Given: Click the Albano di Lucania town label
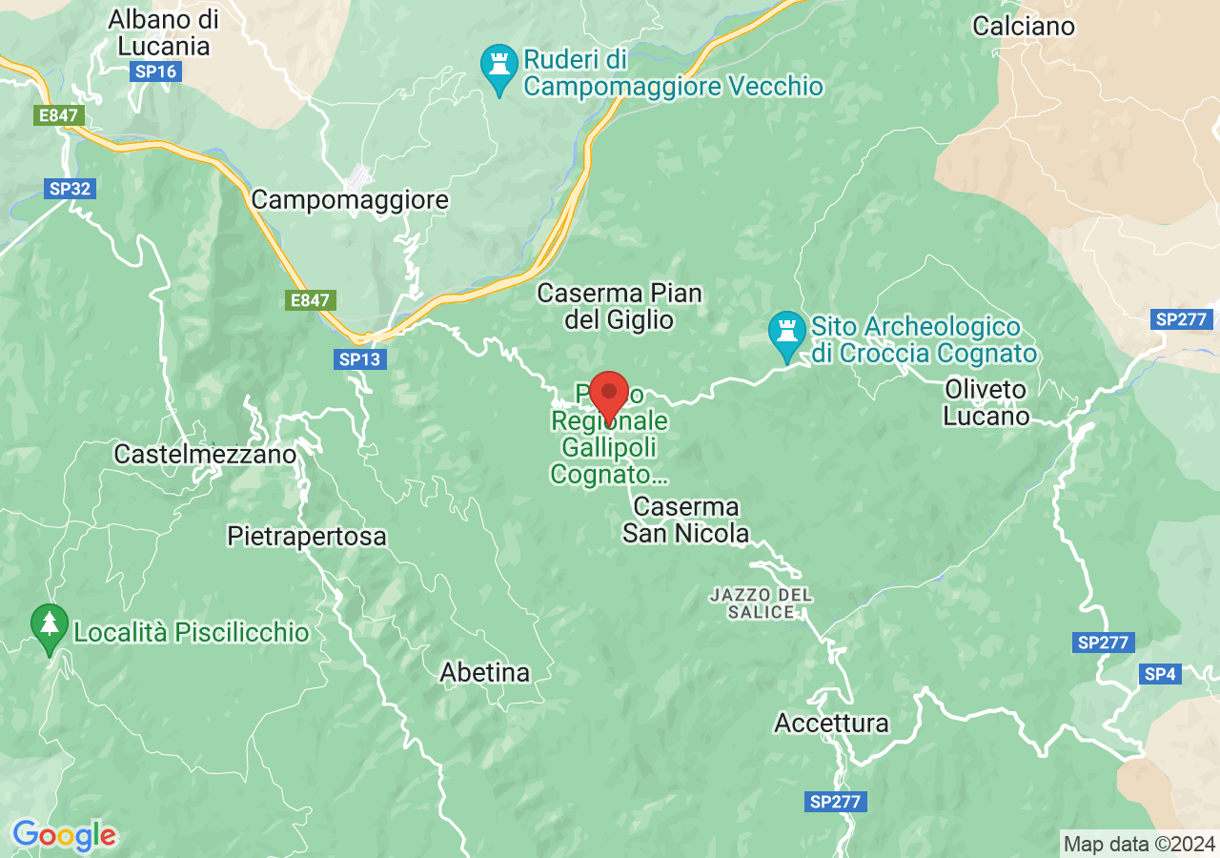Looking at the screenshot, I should [163, 31].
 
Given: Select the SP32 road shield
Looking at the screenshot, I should [70, 189].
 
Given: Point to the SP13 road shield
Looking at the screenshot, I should [359, 359].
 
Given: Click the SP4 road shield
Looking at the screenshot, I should [1160, 674].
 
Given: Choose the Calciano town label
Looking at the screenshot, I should [1024, 26].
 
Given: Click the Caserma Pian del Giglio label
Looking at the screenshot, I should [620, 306].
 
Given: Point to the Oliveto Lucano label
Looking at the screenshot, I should [986, 402].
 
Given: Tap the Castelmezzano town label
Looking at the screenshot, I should [205, 454].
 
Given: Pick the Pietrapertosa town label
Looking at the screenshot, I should [307, 537].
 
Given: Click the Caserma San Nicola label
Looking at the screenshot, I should [686, 520].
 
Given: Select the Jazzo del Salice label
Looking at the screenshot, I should [762, 603].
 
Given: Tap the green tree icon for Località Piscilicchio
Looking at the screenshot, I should [50, 627].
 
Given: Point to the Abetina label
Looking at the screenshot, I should [484, 672].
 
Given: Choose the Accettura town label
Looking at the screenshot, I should [831, 723].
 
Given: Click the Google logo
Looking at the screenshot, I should [64, 836].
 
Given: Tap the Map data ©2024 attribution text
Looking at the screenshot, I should [1139, 844].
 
